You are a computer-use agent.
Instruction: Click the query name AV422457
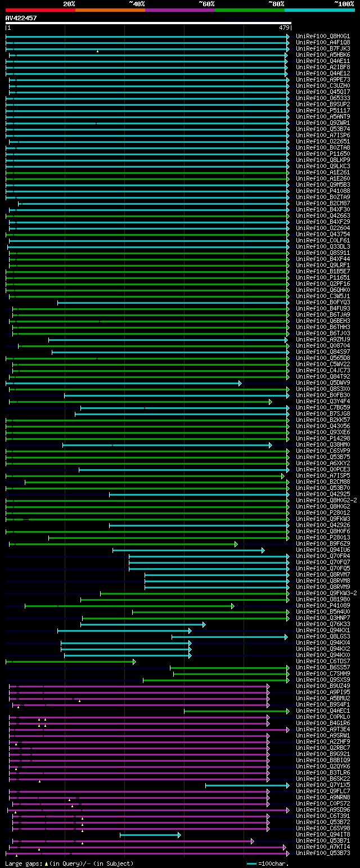21,18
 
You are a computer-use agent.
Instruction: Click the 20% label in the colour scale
69,4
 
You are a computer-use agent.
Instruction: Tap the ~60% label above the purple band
206,4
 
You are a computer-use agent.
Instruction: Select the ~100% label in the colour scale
344,4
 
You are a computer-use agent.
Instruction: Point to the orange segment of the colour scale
110,10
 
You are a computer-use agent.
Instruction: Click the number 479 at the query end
283,28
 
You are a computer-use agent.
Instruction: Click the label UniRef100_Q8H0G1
322,37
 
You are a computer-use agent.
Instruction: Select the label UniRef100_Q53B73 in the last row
322,853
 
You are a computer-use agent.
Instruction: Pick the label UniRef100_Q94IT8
322,835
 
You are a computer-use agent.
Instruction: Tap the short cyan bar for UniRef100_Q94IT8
150,835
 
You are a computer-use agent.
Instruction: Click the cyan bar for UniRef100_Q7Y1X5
247,785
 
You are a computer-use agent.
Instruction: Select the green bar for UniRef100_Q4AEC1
236,711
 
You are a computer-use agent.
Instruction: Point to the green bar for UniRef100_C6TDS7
70,662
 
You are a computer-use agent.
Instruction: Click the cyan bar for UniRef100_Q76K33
143,624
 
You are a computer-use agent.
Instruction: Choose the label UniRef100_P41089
322,606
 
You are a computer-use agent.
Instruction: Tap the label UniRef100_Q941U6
322,550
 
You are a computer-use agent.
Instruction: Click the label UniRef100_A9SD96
322,810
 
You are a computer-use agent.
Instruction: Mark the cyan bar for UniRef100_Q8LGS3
229,637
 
